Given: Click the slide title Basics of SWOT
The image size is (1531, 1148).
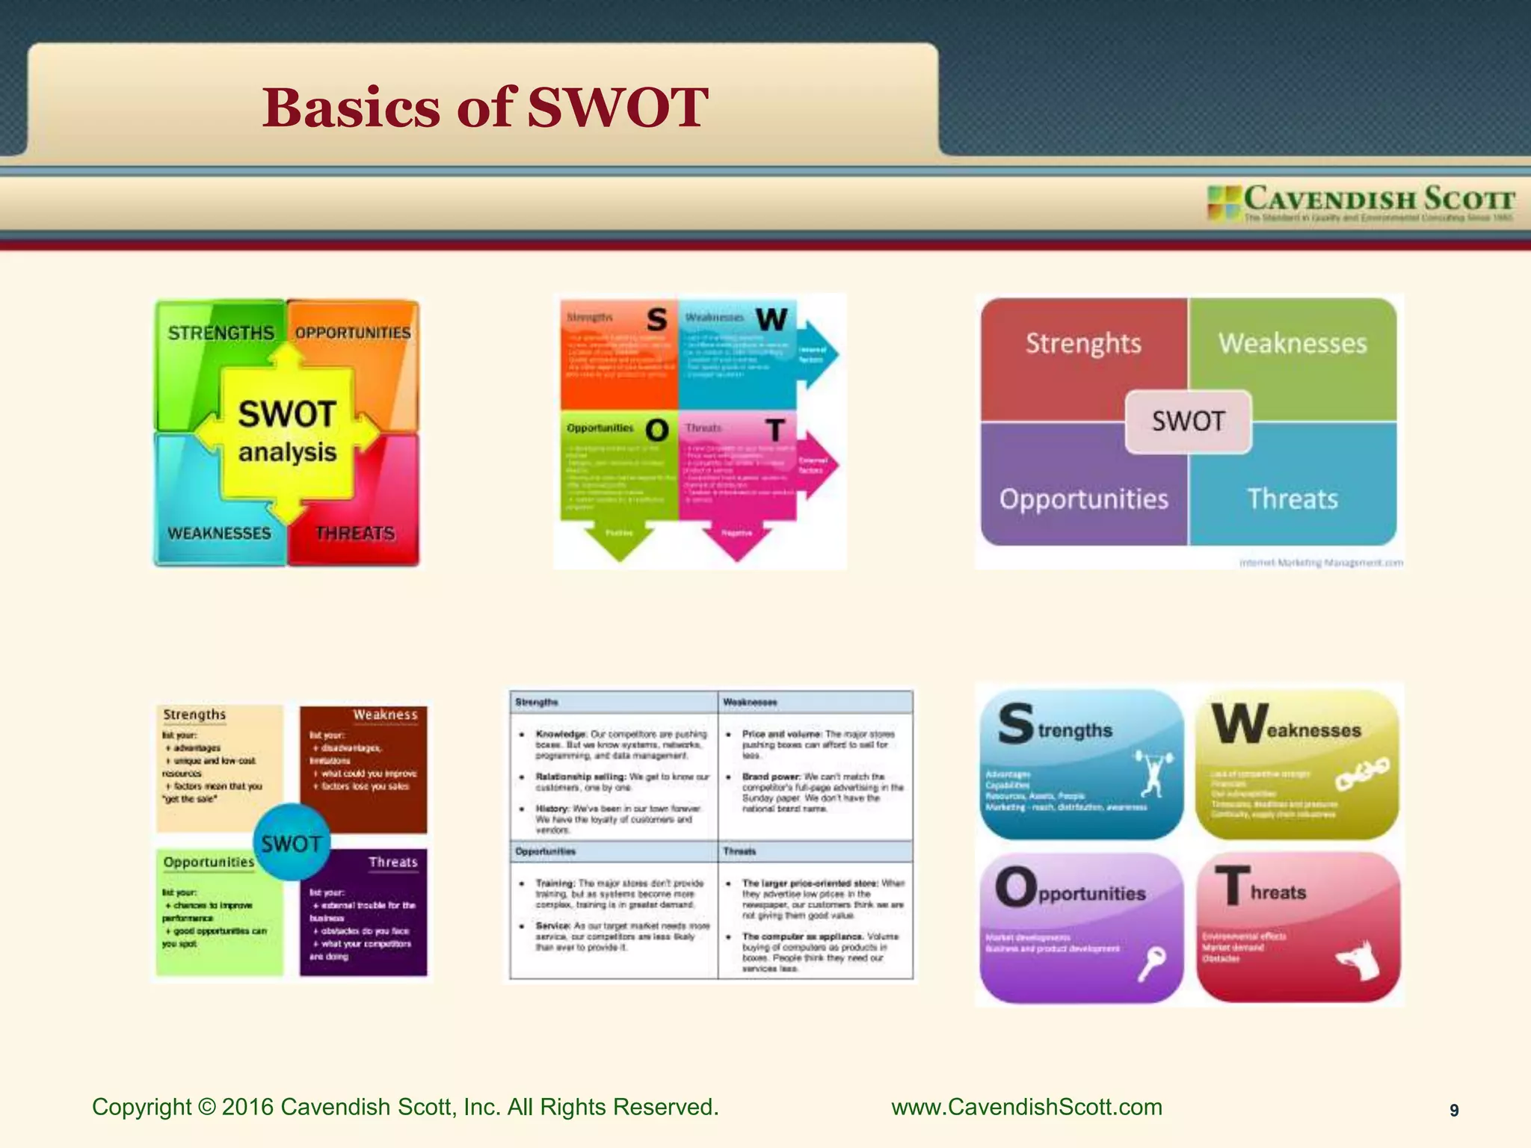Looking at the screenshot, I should click(484, 108).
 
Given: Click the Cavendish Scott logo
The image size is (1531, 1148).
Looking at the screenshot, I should click(1361, 203).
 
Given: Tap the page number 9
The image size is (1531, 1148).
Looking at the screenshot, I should click(1454, 1111).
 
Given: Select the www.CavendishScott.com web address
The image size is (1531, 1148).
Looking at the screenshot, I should click(1026, 1107).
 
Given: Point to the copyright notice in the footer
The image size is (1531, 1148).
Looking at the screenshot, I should click(405, 1107).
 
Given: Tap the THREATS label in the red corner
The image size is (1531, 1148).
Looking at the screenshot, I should click(354, 534).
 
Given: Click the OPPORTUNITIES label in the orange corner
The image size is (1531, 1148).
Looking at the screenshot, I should click(353, 333).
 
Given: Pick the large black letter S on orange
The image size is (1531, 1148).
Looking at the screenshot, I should click(656, 320).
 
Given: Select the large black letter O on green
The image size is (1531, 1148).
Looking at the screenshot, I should click(656, 430).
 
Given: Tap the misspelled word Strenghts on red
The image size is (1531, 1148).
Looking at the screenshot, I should click(1083, 343).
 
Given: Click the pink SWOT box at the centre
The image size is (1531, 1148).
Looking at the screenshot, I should click(1188, 422).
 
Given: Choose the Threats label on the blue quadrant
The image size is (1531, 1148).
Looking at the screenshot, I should click(1293, 499).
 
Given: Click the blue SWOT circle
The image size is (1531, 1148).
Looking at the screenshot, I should click(292, 843).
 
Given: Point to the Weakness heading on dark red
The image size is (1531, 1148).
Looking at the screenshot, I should click(385, 715).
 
